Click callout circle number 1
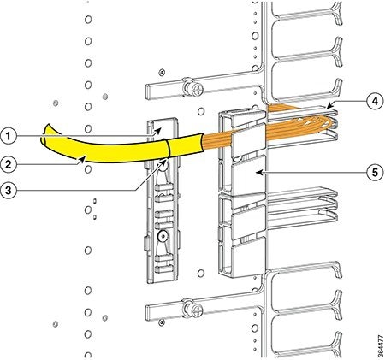pos(9,136)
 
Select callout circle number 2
pos(9,164)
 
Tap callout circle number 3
pos(9,190)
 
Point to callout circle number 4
pos(375,101)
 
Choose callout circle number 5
pos(375,172)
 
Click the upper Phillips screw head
pos(197,90)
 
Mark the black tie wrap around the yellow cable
pos(167,148)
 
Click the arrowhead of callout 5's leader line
pos(258,172)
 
